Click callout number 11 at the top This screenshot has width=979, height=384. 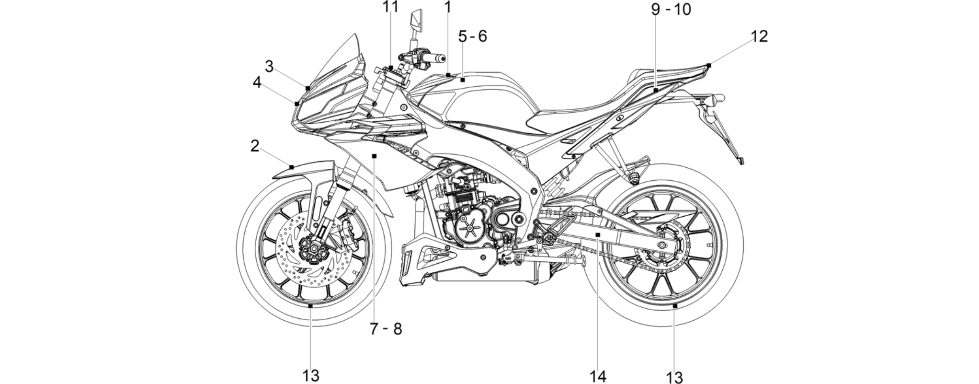tap(390, 7)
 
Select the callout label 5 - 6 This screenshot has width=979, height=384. tap(472, 36)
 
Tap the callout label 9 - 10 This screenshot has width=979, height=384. tap(672, 10)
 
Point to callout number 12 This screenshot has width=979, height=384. tap(759, 36)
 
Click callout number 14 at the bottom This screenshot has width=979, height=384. tap(598, 377)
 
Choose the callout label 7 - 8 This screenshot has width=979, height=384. tap(386, 329)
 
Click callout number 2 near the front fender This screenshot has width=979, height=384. tap(255, 146)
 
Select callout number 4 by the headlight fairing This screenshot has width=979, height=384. tap(257, 82)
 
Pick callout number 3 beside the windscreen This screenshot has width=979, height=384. tap(269, 67)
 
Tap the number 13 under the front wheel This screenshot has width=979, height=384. tap(311, 376)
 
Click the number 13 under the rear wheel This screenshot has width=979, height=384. tap(674, 378)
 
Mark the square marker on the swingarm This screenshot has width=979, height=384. tap(598, 234)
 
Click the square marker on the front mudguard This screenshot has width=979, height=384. tap(292, 167)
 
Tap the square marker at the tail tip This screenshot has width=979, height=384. tap(709, 65)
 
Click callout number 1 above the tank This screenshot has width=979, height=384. tap(448, 7)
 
